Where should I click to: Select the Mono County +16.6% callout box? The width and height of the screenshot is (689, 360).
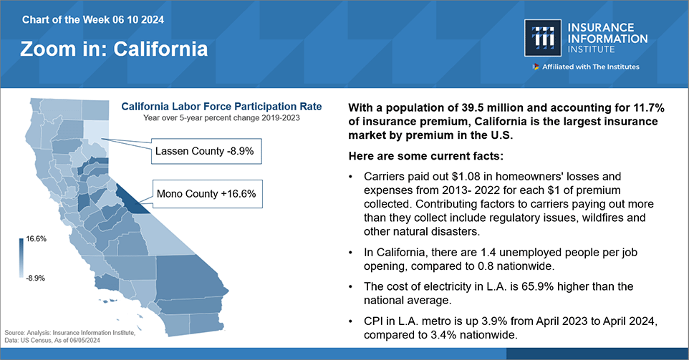206,193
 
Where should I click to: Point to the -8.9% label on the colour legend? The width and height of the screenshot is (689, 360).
36,277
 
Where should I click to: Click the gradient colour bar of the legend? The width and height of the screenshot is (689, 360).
21,258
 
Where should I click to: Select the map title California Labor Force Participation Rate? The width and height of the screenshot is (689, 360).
221,107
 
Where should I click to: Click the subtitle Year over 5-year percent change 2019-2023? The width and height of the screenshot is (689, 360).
221,117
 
